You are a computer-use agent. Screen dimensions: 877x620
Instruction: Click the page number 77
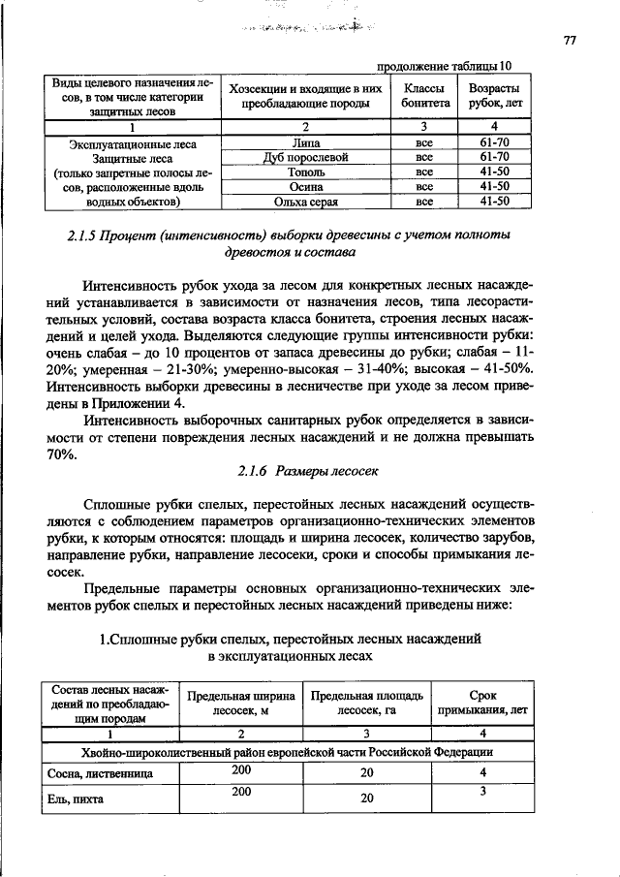pyautogui.click(x=570, y=41)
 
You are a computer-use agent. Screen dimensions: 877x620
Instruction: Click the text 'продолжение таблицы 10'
pyautogui.click(x=443, y=66)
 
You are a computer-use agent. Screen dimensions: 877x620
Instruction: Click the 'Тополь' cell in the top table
pyautogui.click(x=305, y=172)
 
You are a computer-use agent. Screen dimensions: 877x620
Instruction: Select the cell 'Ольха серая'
pyautogui.click(x=305, y=202)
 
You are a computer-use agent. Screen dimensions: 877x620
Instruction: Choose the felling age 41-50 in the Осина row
pyautogui.click(x=494, y=187)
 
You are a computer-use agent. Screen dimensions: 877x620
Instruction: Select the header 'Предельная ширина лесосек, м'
pyautogui.click(x=240, y=703)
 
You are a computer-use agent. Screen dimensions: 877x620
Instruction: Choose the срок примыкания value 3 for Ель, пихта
pyautogui.click(x=481, y=793)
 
